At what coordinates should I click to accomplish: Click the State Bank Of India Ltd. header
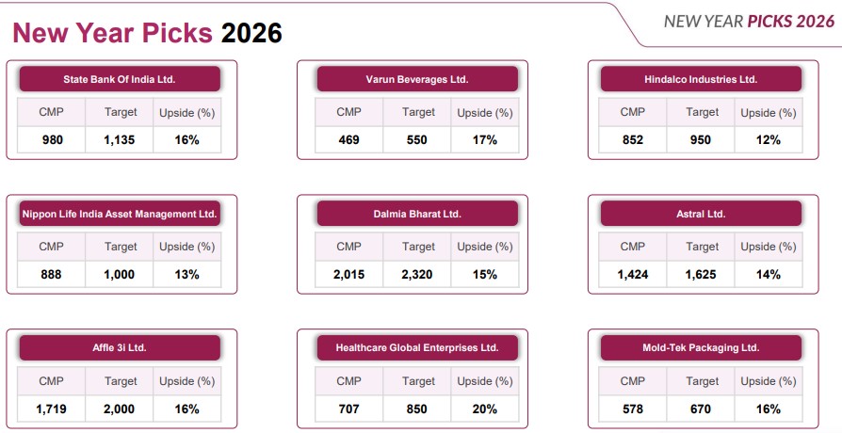[x=120, y=79]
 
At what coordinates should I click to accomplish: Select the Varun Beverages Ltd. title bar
[x=417, y=79]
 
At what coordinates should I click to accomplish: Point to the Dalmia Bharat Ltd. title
[x=417, y=214]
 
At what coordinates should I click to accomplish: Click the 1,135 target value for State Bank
[x=120, y=140]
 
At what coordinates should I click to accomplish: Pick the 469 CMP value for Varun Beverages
[x=348, y=140]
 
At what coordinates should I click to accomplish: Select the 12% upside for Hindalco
[x=769, y=140]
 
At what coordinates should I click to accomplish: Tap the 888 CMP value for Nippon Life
[x=51, y=275]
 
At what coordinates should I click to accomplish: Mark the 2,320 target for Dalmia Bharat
[x=417, y=275]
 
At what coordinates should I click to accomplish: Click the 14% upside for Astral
[x=769, y=275]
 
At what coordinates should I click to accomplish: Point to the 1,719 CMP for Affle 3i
[x=51, y=409]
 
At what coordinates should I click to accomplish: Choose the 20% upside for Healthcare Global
[x=484, y=409]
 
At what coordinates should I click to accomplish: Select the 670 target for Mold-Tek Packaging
[x=703, y=409]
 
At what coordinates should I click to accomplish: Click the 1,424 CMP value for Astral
[x=633, y=275]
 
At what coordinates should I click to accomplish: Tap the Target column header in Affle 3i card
[x=120, y=381]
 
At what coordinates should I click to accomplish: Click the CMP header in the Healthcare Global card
[x=348, y=381]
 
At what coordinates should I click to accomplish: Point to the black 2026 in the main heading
[x=251, y=33]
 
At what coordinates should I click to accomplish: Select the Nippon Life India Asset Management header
[x=120, y=214]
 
